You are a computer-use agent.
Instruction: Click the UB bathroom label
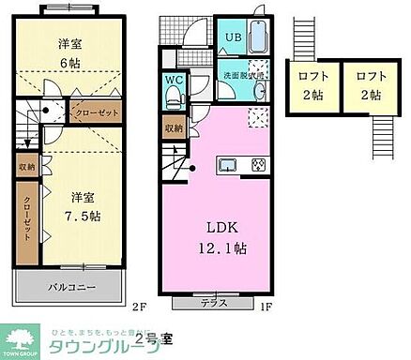click(x=231, y=38)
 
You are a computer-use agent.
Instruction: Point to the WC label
click(x=173, y=81)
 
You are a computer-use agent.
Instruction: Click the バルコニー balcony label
click(x=71, y=286)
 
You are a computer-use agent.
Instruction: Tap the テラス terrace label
click(x=220, y=303)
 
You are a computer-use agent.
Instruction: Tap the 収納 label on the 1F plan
click(x=174, y=127)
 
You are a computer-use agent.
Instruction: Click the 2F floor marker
click(x=138, y=306)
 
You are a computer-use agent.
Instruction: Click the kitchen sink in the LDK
click(x=228, y=165)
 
